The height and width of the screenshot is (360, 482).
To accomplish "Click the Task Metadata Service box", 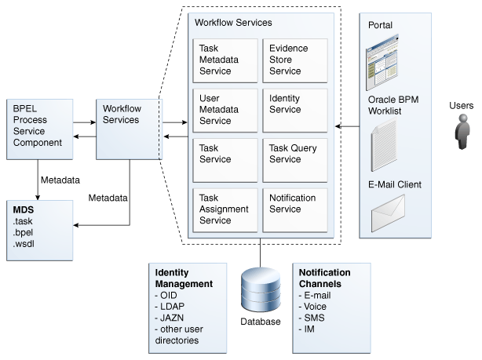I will coord(225,60).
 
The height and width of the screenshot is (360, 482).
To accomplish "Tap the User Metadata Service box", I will coord(225,110).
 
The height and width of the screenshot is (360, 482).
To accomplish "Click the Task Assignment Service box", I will coord(225,209).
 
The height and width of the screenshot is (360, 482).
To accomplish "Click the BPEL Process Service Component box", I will coord(38,125).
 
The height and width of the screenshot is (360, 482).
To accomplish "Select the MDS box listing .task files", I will coord(38,231).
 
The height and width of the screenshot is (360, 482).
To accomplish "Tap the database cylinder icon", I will coord(260,289).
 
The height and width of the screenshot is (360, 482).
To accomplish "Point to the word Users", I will coord(462,105).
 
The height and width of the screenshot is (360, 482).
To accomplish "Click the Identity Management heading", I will coord(183,278).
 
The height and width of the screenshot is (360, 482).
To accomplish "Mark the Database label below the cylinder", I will coord(260,322).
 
